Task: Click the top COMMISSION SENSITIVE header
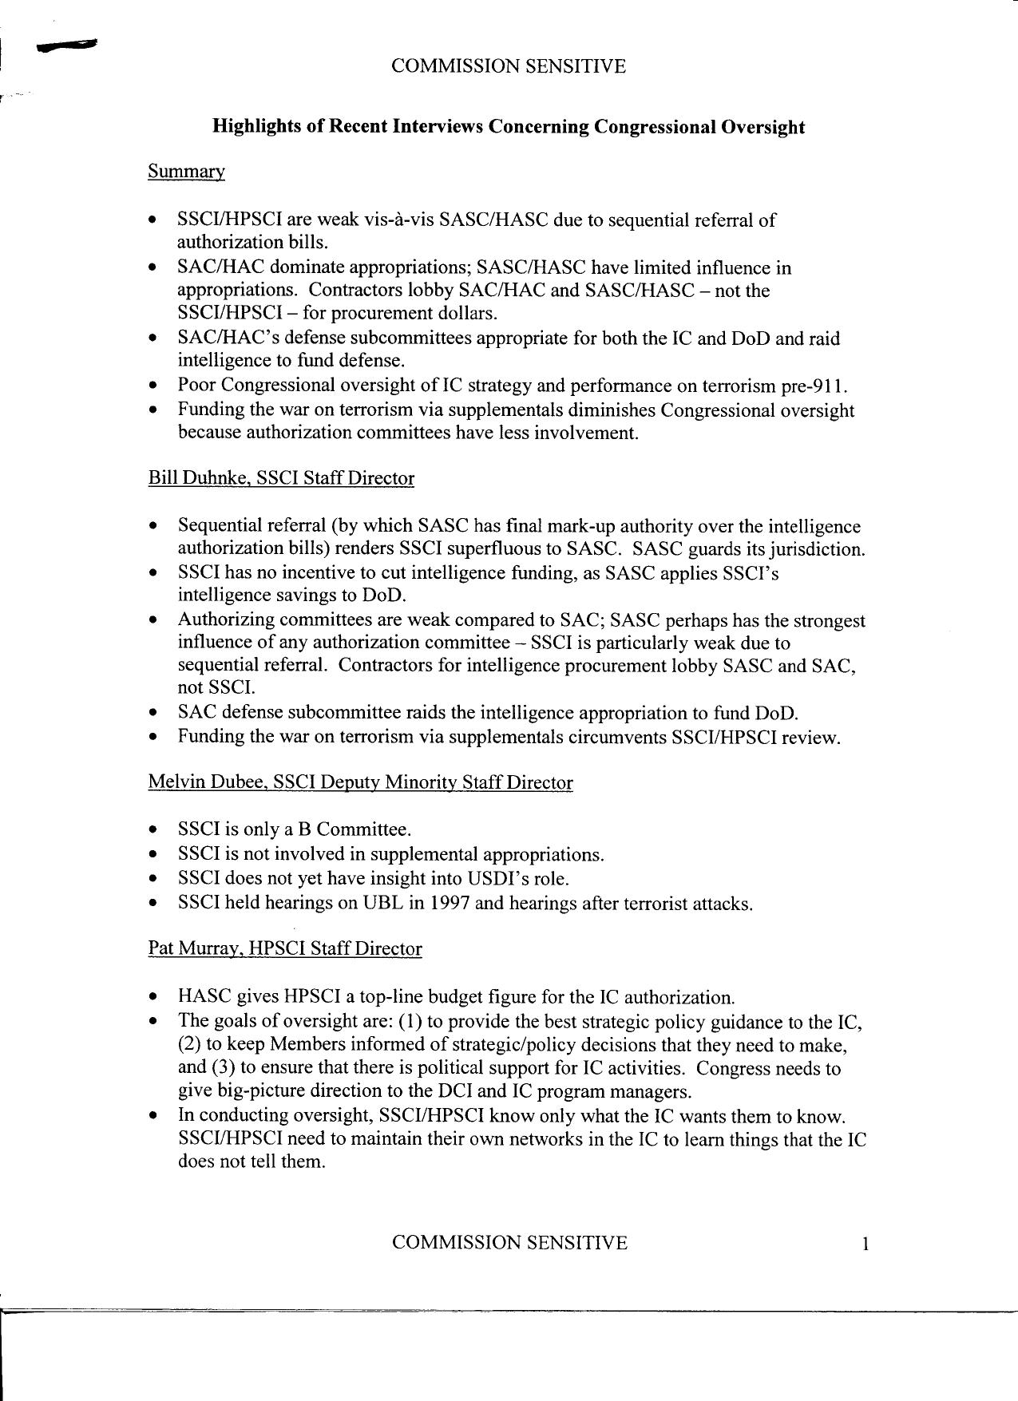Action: click(508, 66)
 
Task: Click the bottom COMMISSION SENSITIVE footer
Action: click(509, 1243)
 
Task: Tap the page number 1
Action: click(864, 1244)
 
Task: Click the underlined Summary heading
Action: click(186, 172)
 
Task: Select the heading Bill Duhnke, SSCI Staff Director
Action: click(281, 478)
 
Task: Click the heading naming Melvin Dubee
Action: click(360, 782)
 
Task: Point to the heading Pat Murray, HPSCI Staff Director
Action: click(284, 948)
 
